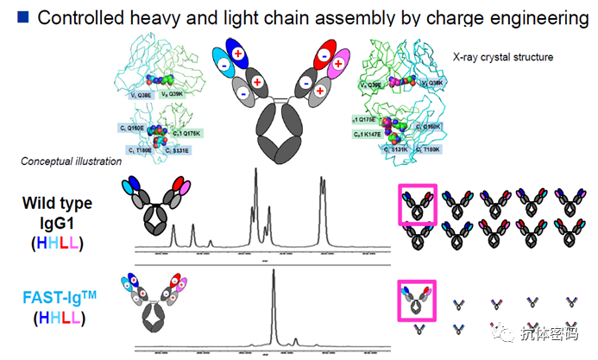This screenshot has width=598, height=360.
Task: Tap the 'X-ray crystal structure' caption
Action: click(x=503, y=58)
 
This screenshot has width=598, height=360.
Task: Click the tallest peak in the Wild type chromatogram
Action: click(x=255, y=173)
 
